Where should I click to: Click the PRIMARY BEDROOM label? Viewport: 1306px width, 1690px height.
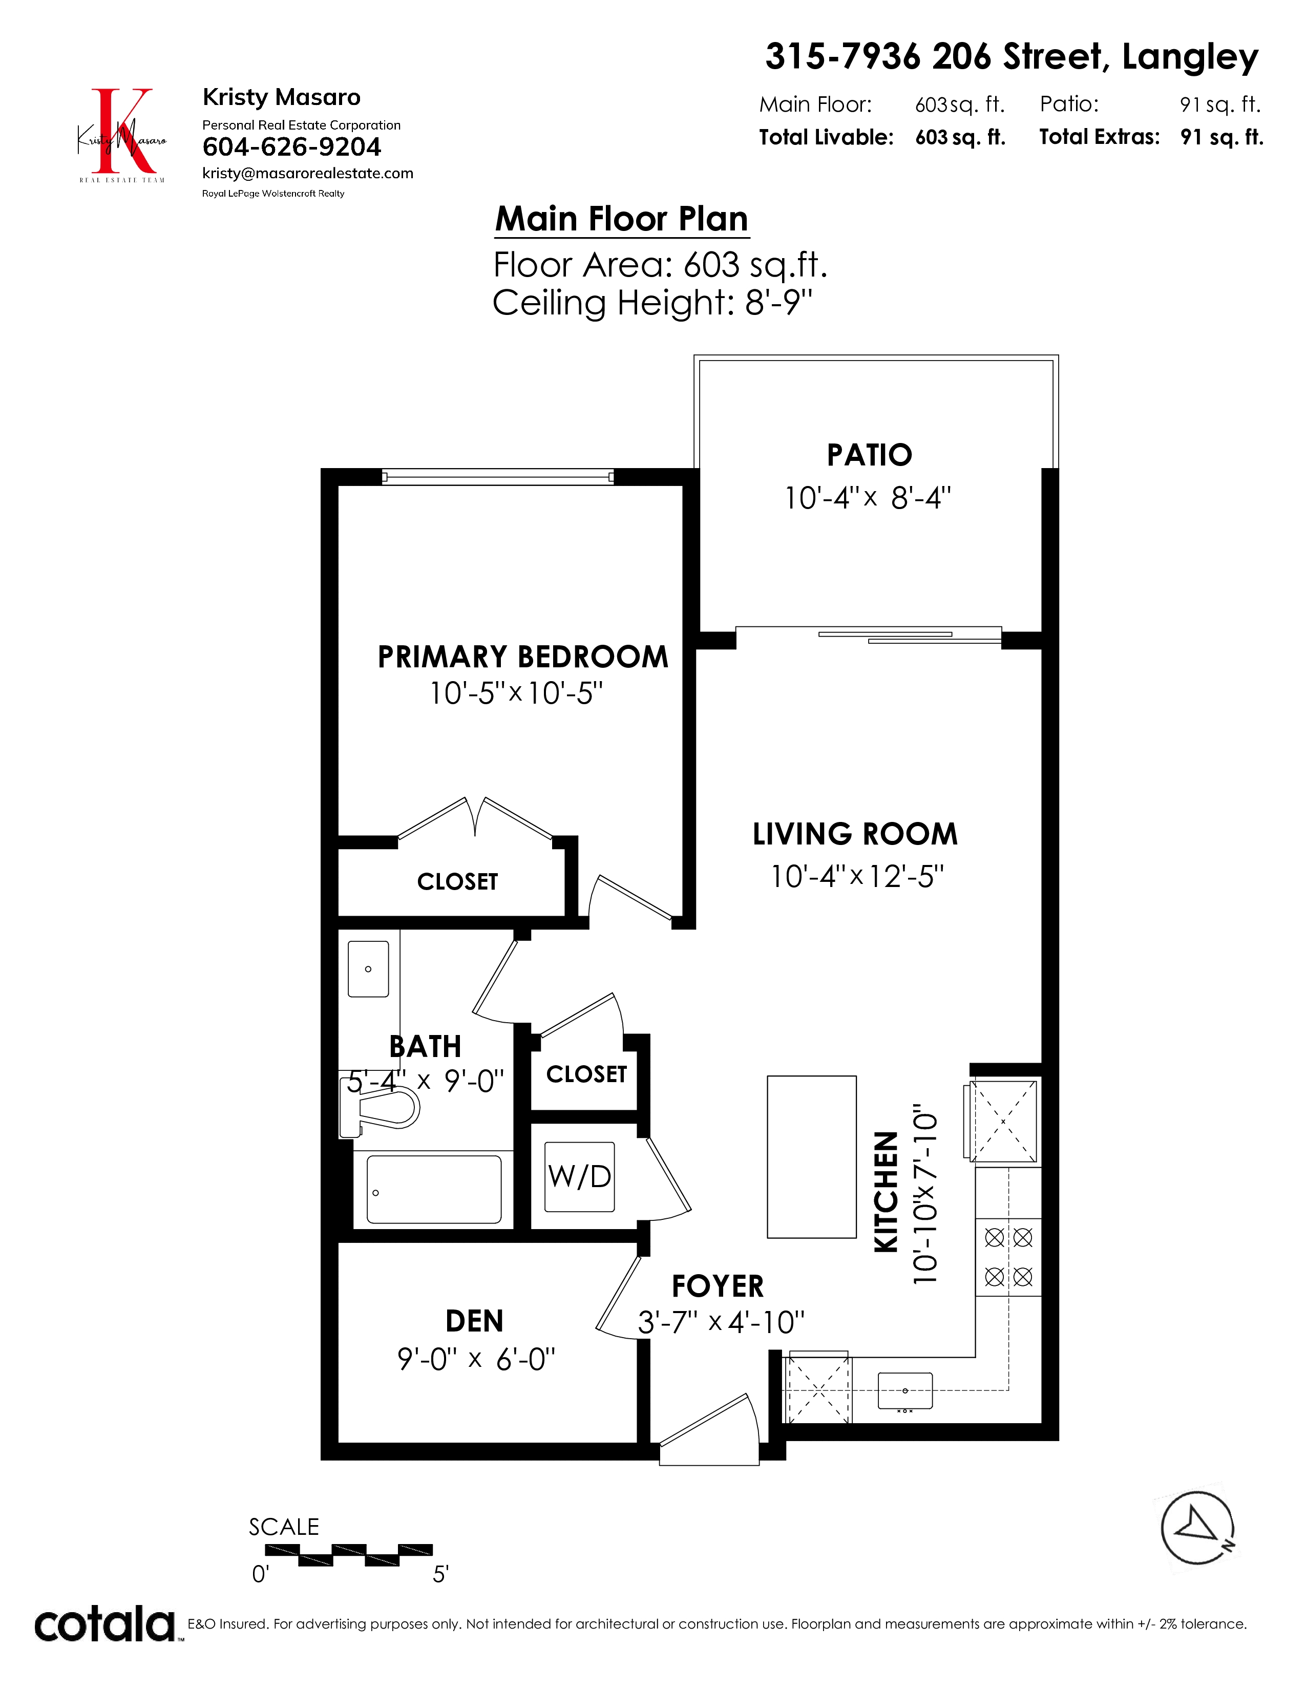point(522,657)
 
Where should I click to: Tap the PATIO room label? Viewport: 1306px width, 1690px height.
point(870,455)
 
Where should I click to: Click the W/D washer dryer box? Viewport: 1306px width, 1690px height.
point(579,1176)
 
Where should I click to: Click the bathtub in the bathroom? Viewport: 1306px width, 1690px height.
point(434,1189)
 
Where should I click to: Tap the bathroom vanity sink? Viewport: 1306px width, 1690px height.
point(368,969)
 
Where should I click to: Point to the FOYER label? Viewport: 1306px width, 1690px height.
point(718,1286)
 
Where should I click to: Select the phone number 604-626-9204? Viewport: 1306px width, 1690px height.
point(292,147)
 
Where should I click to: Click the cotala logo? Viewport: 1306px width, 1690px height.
point(105,1624)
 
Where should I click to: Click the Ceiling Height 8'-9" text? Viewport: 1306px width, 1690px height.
point(653,303)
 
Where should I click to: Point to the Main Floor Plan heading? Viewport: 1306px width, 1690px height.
point(622,219)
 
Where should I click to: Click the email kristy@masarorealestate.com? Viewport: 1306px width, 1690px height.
point(308,173)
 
